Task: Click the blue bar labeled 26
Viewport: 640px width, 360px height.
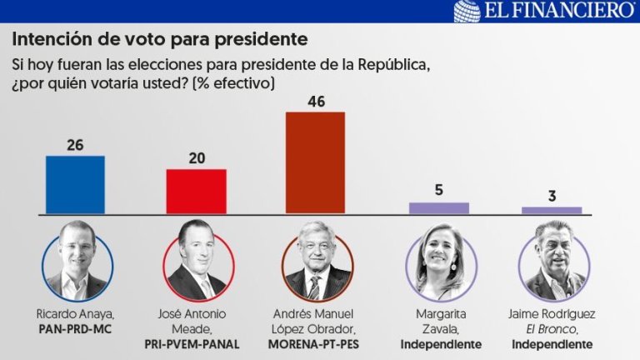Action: [x=75, y=185]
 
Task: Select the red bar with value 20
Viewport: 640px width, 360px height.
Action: [x=196, y=192]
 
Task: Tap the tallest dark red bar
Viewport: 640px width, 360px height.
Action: [x=315, y=162]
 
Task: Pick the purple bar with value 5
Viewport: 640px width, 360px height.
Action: [x=439, y=208]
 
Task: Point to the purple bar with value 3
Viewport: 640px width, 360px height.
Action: [x=552, y=210]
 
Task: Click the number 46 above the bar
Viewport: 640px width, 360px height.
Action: [x=315, y=102]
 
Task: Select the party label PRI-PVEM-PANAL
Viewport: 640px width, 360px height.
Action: [x=197, y=343]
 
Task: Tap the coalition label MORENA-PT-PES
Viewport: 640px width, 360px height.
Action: [x=316, y=343]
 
